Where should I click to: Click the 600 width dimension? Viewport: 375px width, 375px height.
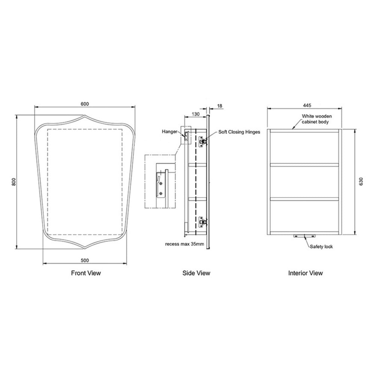(85, 104)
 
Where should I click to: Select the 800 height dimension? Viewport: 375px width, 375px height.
(13, 182)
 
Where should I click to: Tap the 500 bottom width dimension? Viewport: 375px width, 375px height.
(85, 261)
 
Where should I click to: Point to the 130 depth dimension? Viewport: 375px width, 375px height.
(196, 114)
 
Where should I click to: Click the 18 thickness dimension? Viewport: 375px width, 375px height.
(220, 106)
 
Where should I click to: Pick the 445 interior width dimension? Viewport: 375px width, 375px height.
(307, 105)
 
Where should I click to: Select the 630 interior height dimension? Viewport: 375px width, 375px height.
(361, 181)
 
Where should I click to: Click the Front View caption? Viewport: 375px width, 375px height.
(86, 273)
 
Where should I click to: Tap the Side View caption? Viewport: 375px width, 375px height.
(196, 273)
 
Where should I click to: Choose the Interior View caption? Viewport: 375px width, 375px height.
(305, 273)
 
